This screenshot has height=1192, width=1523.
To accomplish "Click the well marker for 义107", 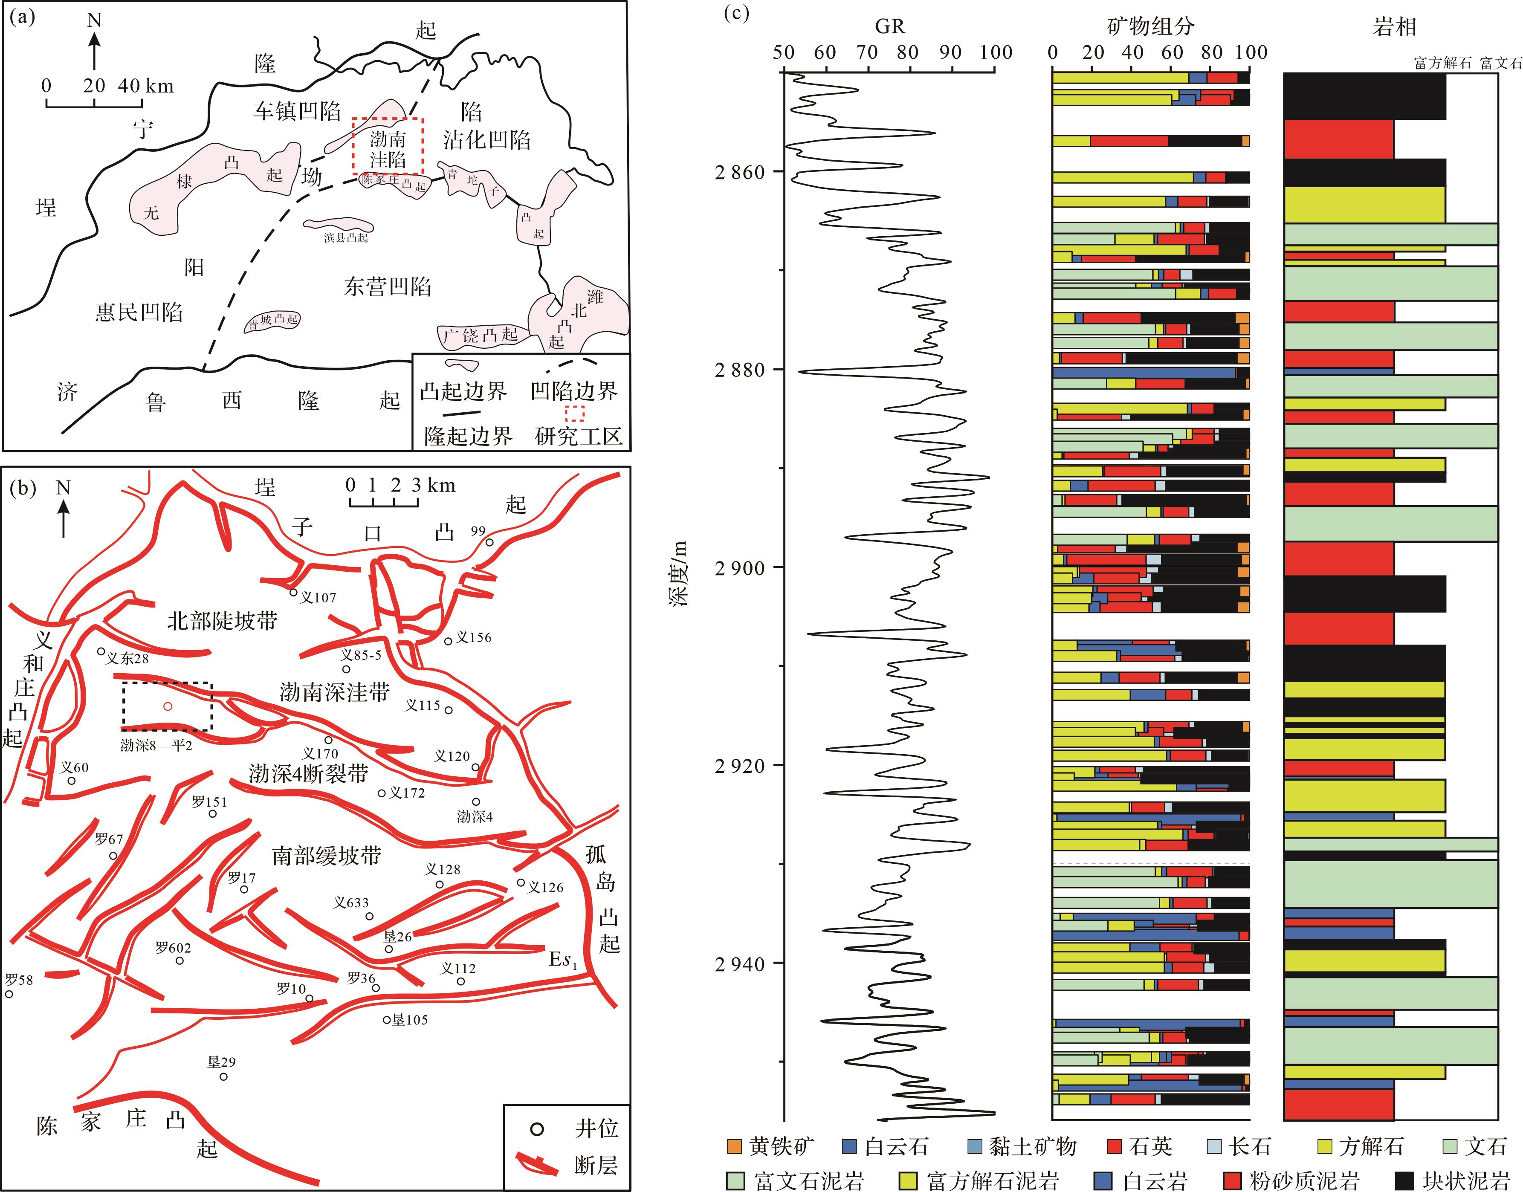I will pyautogui.click(x=294, y=593).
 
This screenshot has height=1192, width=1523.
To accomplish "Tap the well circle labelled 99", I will pyautogui.click(x=490, y=542).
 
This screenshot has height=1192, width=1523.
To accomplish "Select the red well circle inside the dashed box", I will pyautogui.click(x=168, y=706).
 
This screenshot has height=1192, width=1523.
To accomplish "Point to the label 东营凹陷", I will pyautogui.click(x=388, y=286).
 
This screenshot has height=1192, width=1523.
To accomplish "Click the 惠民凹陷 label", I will pyautogui.click(x=139, y=312).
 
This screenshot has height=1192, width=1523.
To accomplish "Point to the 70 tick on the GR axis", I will pyautogui.click(x=867, y=52).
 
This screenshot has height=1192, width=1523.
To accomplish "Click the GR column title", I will pyautogui.click(x=889, y=26).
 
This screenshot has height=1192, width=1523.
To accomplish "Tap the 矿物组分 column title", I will pyautogui.click(x=1151, y=26).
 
